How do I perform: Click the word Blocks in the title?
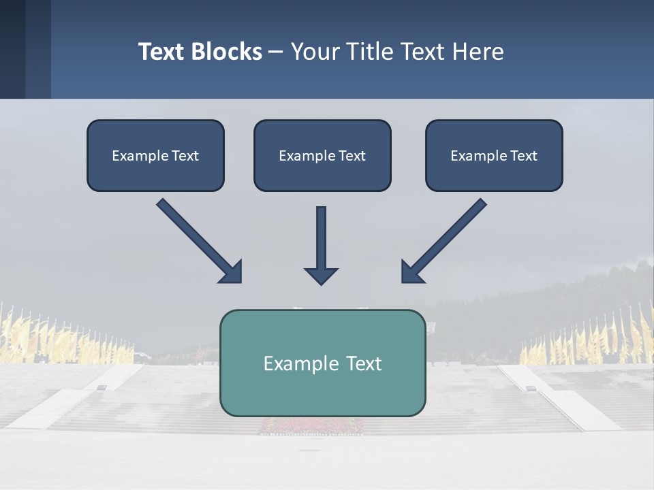tap(227, 52)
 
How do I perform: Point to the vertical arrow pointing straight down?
tap(321, 238)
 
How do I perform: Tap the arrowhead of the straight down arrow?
tap(321, 276)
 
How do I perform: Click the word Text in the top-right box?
tap(523, 156)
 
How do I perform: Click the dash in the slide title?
tap(276, 52)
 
